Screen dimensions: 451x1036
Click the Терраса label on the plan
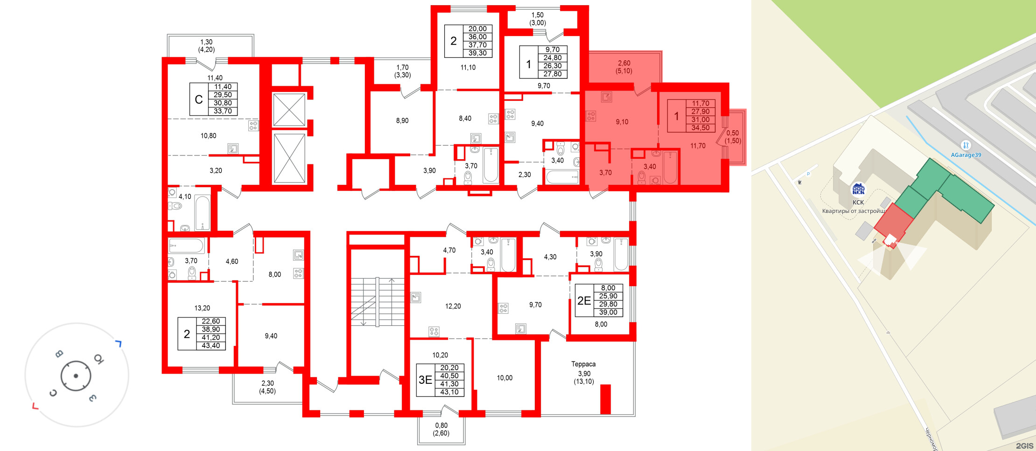(x=583, y=364)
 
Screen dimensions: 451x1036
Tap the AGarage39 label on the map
(x=966, y=155)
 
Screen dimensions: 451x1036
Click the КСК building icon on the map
(x=858, y=189)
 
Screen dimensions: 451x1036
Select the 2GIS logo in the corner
(x=1024, y=446)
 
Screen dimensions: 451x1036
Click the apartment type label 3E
(x=425, y=380)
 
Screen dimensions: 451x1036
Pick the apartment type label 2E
(x=584, y=301)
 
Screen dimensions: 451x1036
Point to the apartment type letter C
(x=199, y=99)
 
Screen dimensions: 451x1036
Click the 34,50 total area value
(x=700, y=128)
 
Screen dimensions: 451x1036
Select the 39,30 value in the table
(x=477, y=53)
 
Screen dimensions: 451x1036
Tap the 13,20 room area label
(x=202, y=308)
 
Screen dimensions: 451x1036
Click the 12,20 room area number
(x=453, y=306)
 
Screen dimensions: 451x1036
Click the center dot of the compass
(x=76, y=376)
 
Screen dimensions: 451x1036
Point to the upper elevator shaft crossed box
(x=289, y=110)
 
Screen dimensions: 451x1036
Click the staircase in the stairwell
(x=377, y=302)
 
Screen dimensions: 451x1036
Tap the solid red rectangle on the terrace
(x=605, y=399)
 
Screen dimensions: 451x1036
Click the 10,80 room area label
(x=208, y=136)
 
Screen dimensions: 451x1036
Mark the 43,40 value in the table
(x=210, y=346)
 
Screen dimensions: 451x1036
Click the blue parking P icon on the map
(x=808, y=174)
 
